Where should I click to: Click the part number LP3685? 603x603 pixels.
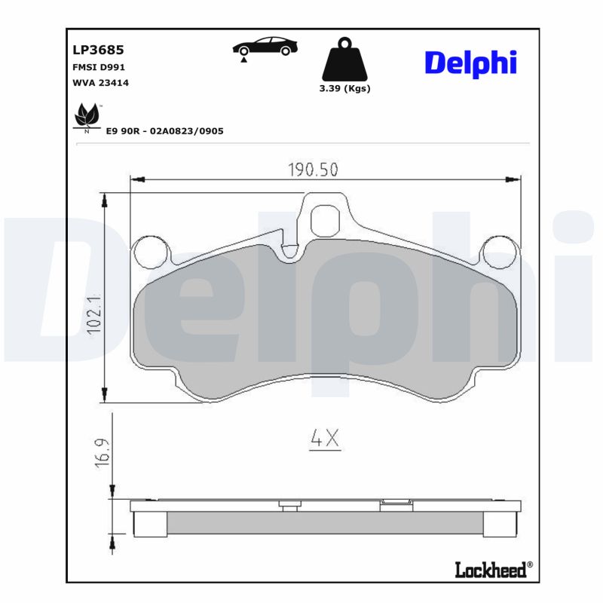pyautogui.click(x=98, y=51)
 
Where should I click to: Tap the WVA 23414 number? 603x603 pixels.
pyautogui.click(x=100, y=83)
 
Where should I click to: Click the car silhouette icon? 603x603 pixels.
pyautogui.click(x=263, y=47)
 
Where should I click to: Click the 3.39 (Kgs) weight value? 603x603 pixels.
pyautogui.click(x=344, y=88)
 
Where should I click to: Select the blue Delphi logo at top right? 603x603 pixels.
pyautogui.click(x=470, y=63)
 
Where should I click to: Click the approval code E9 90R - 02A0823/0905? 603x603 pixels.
pyautogui.click(x=164, y=131)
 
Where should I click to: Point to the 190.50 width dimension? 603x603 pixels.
pyautogui.click(x=312, y=170)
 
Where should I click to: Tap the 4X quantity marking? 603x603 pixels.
pyautogui.click(x=326, y=438)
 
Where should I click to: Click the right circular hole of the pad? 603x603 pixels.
pyautogui.click(x=498, y=253)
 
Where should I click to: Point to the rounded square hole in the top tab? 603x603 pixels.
pyautogui.click(x=326, y=219)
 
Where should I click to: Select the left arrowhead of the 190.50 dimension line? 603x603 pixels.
pyautogui.click(x=136, y=179)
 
